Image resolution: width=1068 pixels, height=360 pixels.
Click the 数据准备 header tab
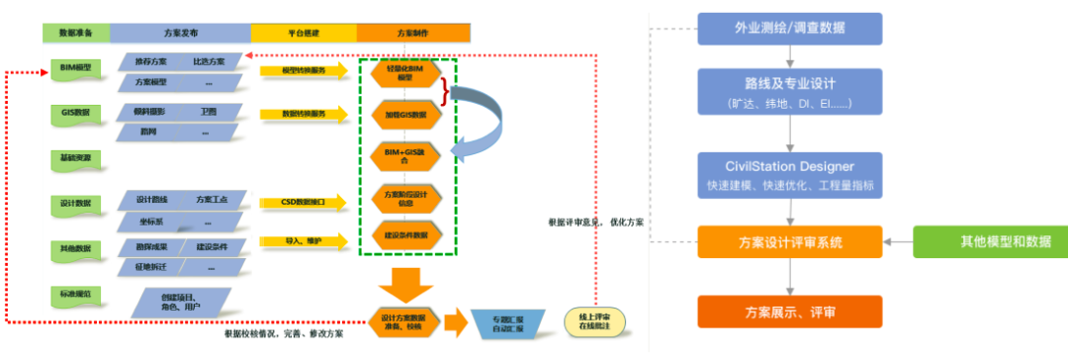[75, 34]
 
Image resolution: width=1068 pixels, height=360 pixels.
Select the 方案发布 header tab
[179, 34]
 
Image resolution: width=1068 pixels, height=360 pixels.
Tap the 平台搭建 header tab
[303, 34]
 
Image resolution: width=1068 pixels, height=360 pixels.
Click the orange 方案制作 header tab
[406, 34]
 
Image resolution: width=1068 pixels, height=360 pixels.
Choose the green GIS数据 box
[75, 113]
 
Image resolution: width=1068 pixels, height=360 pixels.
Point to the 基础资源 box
[75, 158]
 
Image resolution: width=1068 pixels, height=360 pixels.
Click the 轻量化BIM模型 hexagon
[406, 73]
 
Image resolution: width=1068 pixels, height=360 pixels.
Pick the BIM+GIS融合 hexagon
[406, 154]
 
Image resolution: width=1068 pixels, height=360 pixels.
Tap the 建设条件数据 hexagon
[406, 235]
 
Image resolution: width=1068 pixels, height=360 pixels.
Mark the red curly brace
[446, 93]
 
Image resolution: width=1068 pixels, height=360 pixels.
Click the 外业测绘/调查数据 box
[788, 28]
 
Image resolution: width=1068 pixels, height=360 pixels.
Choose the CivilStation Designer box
[788, 174]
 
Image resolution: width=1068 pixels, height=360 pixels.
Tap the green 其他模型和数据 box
[990, 240]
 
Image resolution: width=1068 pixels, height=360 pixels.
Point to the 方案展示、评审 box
[788, 312]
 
